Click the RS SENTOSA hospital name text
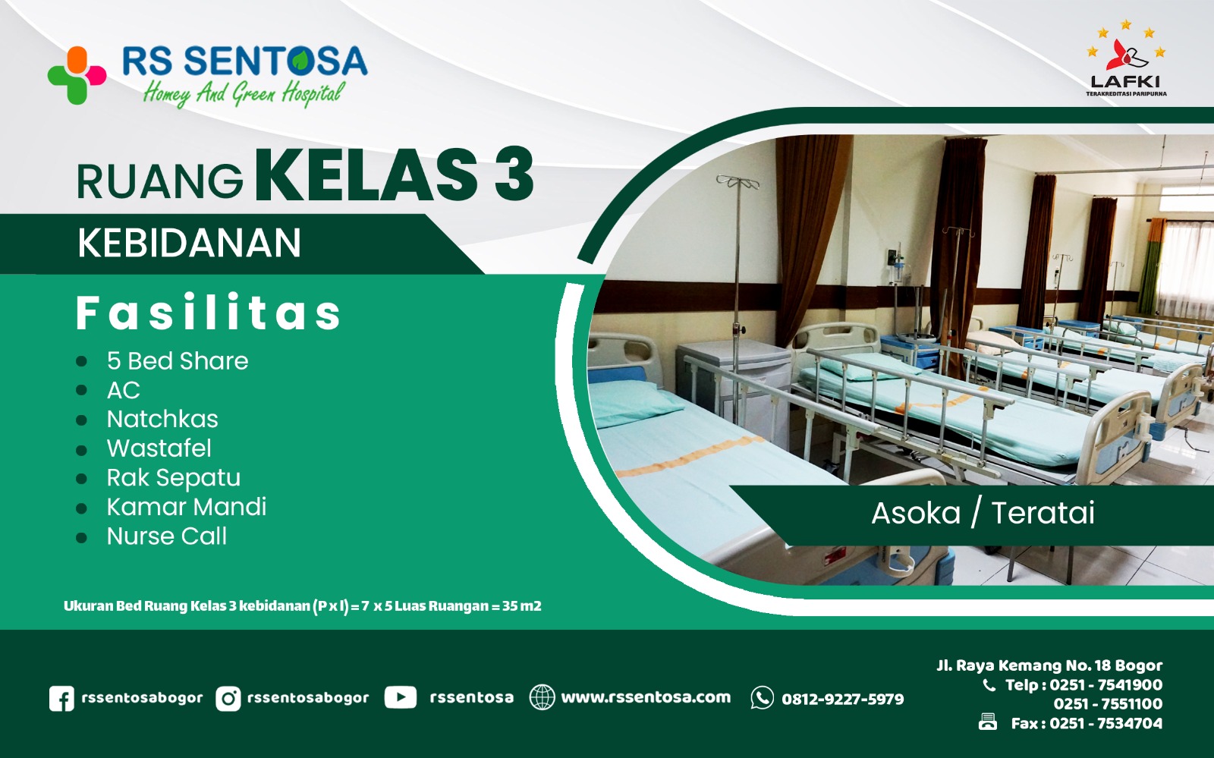(x=244, y=61)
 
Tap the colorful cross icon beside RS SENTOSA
(x=77, y=75)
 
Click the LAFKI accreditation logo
(x=1125, y=60)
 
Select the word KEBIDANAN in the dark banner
(x=189, y=244)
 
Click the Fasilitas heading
(x=209, y=313)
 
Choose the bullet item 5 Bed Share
(x=178, y=361)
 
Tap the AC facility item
(x=123, y=390)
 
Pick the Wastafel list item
(x=159, y=448)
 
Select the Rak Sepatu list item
(x=173, y=478)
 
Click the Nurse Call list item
(x=166, y=536)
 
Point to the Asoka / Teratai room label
(x=983, y=514)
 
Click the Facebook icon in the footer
(x=61, y=698)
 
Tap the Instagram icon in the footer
(x=228, y=698)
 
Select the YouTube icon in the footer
(x=400, y=697)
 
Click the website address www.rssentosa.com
(x=646, y=697)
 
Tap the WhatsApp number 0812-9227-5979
(x=842, y=699)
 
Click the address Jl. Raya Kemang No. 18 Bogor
(x=1049, y=665)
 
